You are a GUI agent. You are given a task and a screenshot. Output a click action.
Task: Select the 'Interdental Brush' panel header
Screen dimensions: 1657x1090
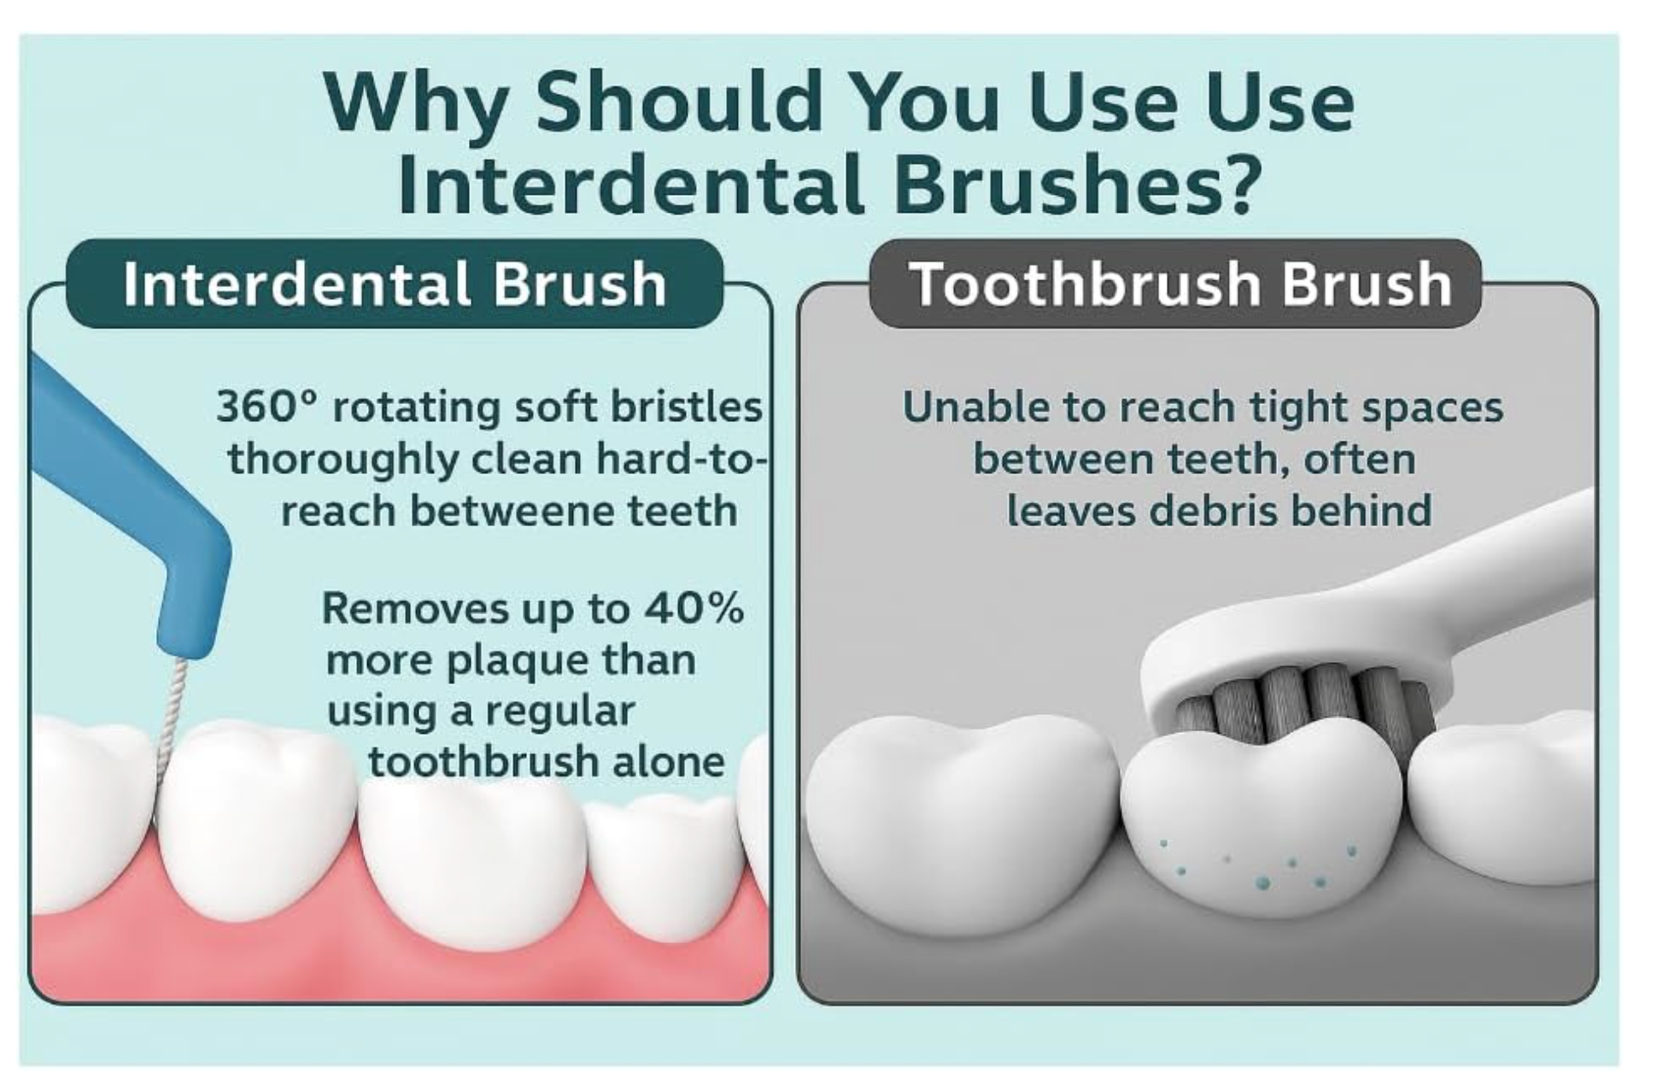pyautogui.click(x=394, y=284)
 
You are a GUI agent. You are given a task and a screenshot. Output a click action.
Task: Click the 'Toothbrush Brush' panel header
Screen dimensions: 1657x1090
pyautogui.click(x=1179, y=284)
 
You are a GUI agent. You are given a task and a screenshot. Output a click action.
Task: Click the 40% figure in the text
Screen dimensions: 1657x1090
pyautogui.click(x=694, y=608)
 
